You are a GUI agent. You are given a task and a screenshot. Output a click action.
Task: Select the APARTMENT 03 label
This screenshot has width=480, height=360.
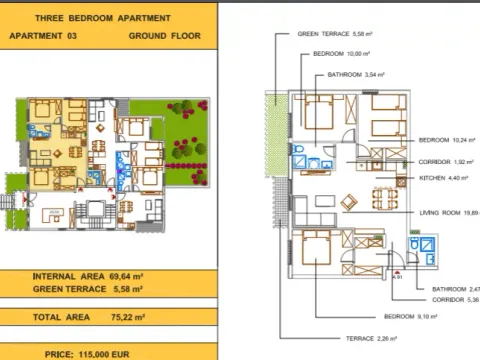(x=46, y=36)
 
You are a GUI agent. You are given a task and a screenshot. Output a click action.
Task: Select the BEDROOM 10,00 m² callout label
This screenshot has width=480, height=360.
(x=342, y=52)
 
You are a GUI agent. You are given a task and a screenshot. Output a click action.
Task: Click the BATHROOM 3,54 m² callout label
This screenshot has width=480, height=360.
(x=356, y=74)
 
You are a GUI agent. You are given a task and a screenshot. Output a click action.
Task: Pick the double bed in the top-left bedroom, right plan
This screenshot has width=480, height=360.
(x=319, y=112)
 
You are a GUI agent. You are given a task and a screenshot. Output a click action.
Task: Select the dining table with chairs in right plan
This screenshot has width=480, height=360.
(x=349, y=200)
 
